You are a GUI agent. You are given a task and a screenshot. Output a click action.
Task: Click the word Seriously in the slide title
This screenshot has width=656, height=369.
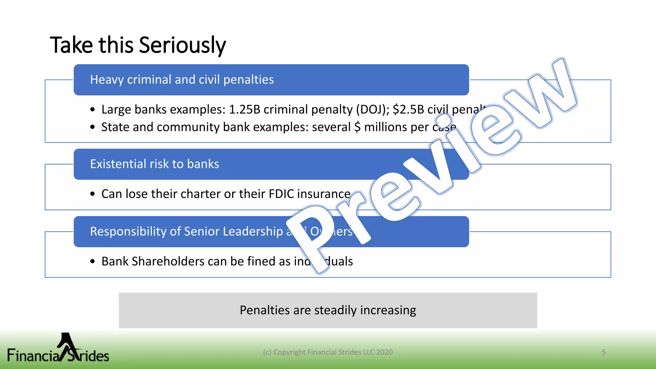182,45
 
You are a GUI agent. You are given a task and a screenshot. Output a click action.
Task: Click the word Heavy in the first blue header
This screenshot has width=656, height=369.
107,80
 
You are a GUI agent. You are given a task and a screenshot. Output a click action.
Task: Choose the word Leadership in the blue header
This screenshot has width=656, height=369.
253,232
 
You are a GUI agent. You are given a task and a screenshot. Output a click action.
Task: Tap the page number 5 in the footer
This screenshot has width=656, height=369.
604,352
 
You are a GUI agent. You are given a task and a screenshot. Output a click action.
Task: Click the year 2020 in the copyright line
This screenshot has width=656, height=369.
384,352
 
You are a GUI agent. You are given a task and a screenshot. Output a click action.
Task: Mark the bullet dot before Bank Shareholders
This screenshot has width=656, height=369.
93,261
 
